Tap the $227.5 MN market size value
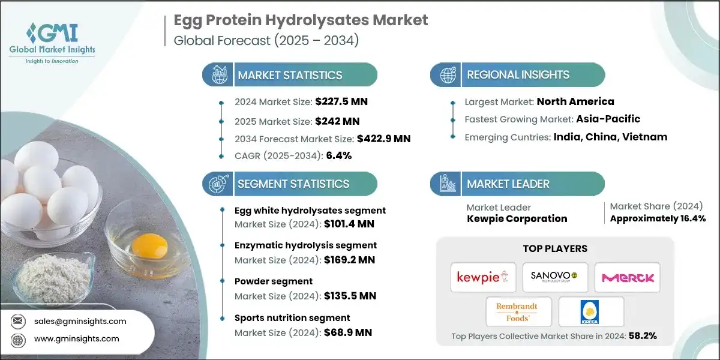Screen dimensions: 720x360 click(341, 101)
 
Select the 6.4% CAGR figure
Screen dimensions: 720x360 click(339, 155)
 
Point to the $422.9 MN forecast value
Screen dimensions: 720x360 click(384, 139)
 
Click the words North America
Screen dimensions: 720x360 click(575, 101)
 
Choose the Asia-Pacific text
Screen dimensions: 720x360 click(608, 119)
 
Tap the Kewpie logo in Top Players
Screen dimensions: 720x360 click(483, 277)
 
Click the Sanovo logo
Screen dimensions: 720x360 click(555, 277)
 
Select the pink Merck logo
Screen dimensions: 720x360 click(628, 278)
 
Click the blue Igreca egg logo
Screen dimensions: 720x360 click(590, 312)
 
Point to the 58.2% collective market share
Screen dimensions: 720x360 click(643, 336)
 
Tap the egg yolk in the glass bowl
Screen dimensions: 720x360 click(149, 246)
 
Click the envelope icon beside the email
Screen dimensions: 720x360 click(17, 321)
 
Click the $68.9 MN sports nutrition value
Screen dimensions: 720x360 click(348, 332)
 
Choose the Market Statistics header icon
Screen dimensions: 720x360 click(219, 75)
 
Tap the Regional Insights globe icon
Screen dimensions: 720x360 click(448, 75)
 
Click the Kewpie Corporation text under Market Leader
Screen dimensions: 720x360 click(517, 218)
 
